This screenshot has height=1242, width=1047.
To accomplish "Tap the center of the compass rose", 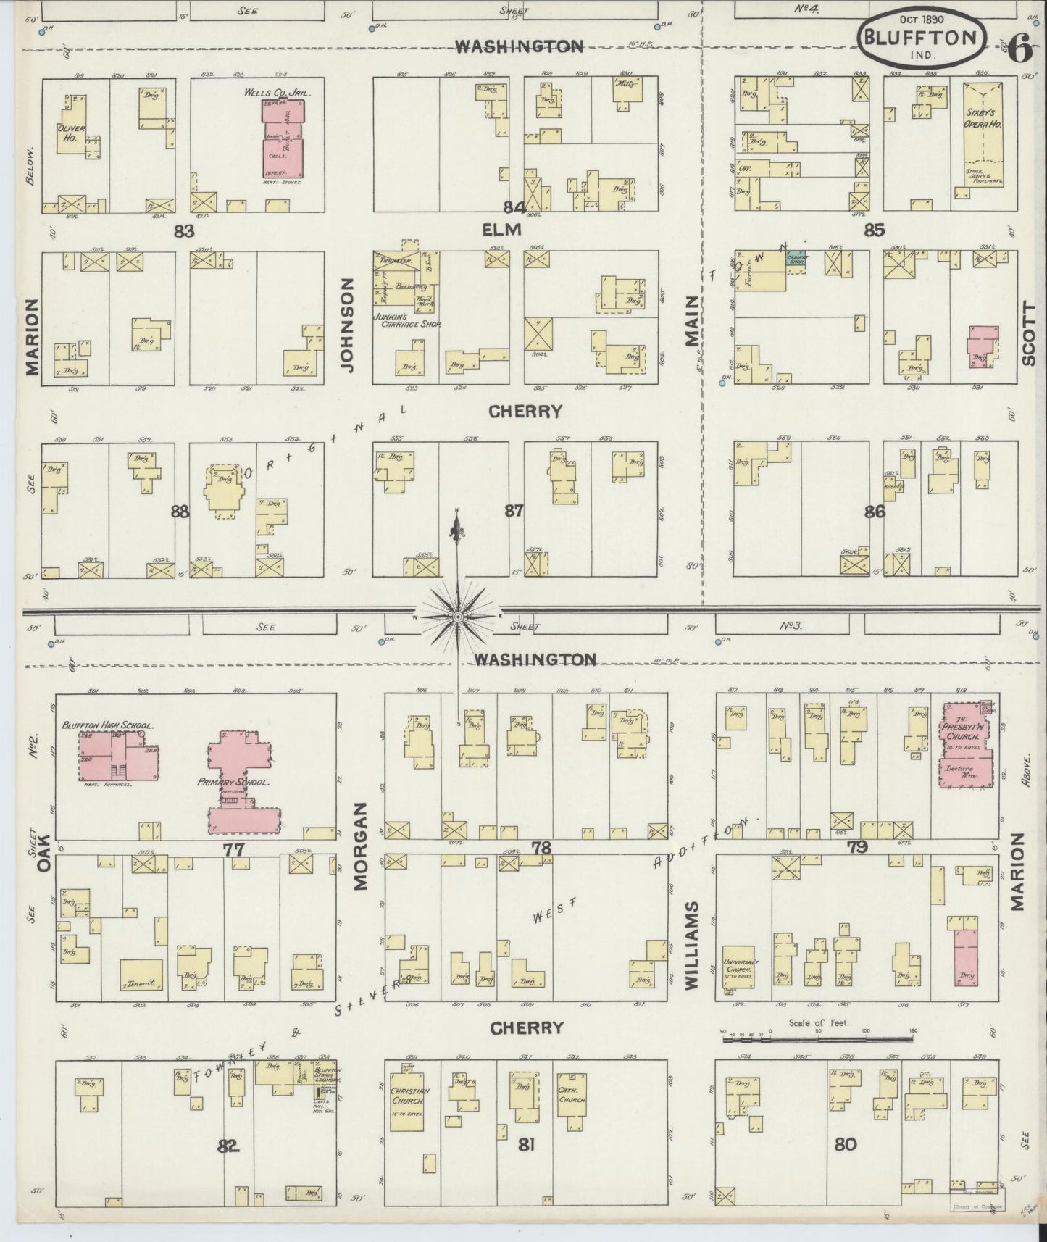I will [457, 617].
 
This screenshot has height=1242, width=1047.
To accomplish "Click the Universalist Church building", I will [741, 967].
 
